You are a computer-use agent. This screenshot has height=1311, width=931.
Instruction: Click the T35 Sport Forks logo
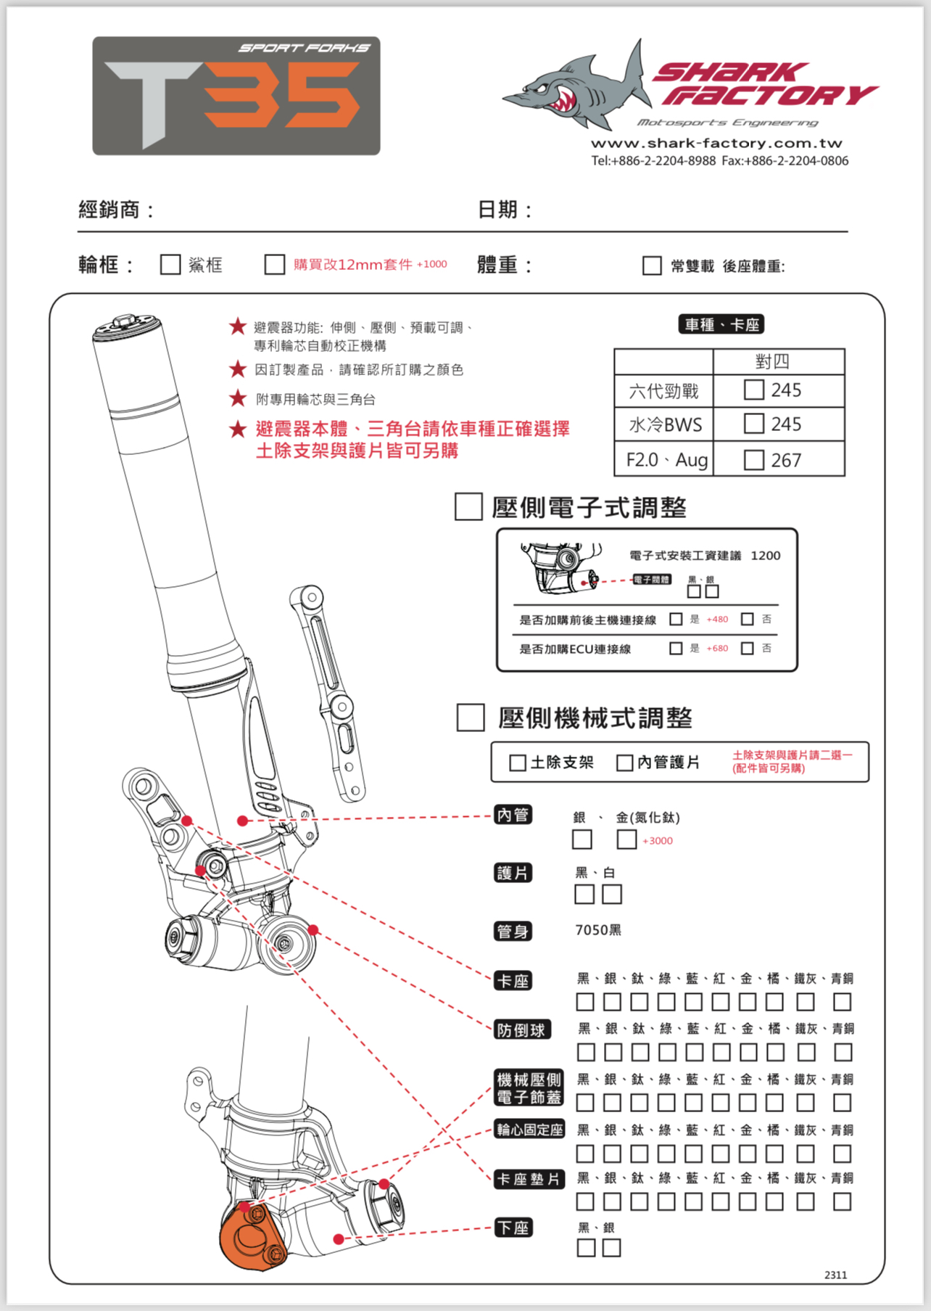[x=236, y=96]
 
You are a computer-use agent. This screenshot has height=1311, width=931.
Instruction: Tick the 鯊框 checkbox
[x=170, y=264]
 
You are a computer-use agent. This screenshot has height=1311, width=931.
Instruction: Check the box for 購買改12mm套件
[x=275, y=264]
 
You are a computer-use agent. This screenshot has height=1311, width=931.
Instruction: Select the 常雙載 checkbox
[x=652, y=266]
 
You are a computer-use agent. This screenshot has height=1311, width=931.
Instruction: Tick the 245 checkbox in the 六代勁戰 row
[x=754, y=390]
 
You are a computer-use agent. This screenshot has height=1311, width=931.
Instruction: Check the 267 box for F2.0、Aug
[x=754, y=460]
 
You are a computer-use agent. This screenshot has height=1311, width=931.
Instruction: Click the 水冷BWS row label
[x=664, y=424]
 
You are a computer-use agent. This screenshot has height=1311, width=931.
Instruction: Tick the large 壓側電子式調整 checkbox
[x=468, y=506]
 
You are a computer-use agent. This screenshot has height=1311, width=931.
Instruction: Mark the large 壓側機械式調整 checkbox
[x=471, y=718]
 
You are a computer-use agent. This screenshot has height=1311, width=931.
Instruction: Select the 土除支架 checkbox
[x=518, y=763]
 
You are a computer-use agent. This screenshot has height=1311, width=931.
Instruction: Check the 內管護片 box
[x=624, y=763]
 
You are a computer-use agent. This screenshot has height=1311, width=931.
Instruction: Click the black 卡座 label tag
[x=513, y=981]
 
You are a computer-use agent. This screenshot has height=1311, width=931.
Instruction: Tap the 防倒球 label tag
[x=521, y=1030]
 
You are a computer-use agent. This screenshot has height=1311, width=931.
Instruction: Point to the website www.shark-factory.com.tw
[x=716, y=143]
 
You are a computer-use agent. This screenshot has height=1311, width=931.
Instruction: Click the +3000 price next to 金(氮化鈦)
[x=657, y=841]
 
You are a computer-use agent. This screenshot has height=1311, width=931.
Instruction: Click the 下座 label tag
[x=513, y=1228]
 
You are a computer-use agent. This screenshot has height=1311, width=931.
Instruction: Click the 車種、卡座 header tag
[x=721, y=324]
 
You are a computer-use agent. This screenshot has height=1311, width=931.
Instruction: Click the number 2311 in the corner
[x=835, y=1275]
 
